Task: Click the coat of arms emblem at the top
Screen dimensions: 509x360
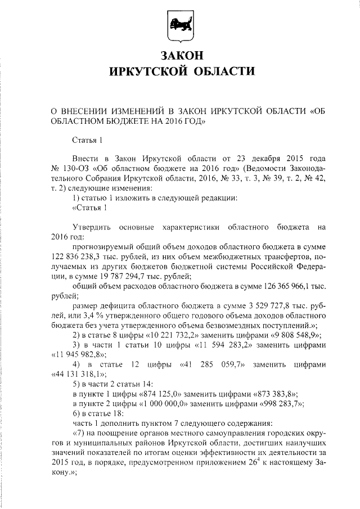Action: coord(179,26)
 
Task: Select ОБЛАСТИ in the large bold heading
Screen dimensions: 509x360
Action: coord(220,71)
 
